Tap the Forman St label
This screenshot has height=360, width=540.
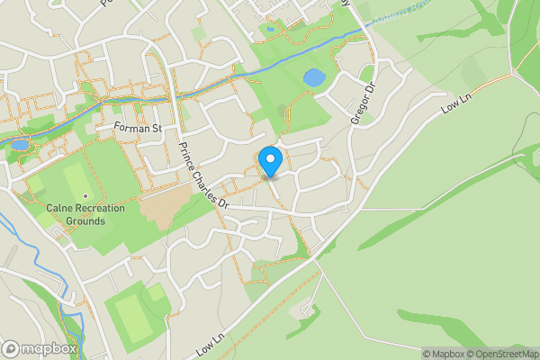click(x=138, y=129)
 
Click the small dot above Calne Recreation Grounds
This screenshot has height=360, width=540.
click(x=85, y=196)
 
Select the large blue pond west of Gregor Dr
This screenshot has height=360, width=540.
click(x=314, y=78)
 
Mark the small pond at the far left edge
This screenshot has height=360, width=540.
click(x=19, y=144)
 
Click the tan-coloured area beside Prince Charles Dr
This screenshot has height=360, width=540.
click(x=165, y=206)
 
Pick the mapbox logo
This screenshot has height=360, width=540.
click(x=40, y=348)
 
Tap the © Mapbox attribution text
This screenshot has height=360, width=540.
click(x=442, y=354)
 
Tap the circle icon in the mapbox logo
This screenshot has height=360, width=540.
click(x=11, y=348)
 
